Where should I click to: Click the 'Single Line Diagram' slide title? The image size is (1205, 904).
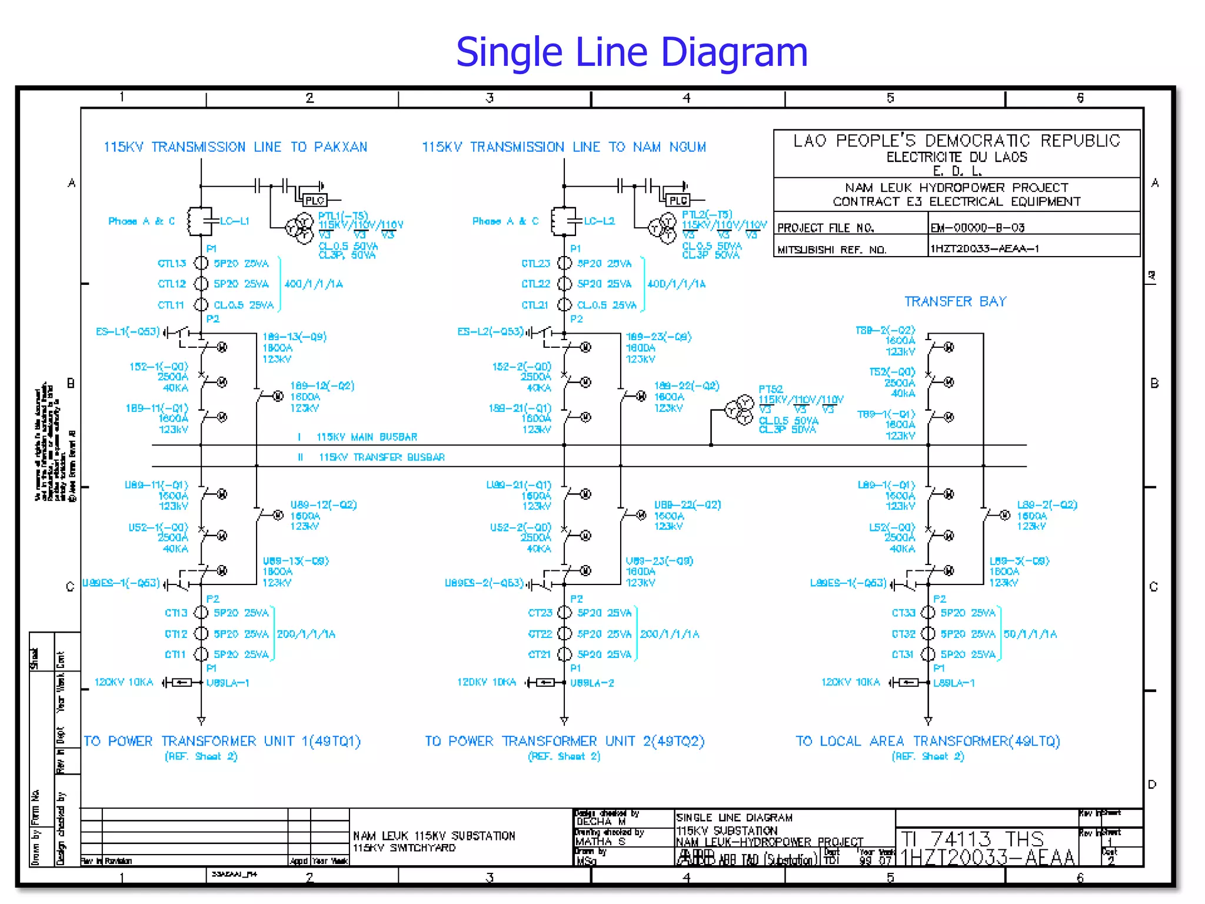point(631,52)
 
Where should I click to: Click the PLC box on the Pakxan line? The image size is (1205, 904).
point(315,201)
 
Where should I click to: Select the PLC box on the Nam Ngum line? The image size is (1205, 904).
point(678,201)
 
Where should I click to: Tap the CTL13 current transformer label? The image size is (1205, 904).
point(172,263)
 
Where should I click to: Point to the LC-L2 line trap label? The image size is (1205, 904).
point(599,221)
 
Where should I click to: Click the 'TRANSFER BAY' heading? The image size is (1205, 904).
point(955,302)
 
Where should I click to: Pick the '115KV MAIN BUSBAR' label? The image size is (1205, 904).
point(367,437)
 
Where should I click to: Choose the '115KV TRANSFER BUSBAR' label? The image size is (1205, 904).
point(381,457)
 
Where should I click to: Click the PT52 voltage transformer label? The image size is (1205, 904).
point(770,389)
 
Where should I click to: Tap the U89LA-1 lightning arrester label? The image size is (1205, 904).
point(228,683)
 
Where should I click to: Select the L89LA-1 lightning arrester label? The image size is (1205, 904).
point(954,683)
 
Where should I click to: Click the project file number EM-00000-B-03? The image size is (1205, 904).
point(977,228)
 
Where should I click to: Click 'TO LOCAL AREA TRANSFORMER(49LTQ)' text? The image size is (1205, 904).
point(927,741)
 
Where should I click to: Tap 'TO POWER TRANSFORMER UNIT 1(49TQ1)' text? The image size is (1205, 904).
point(222,741)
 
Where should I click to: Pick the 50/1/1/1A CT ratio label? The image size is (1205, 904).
point(1030,634)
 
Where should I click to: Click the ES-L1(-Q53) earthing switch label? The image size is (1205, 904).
point(128,331)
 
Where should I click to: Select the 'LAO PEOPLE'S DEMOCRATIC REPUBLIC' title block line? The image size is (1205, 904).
point(956,141)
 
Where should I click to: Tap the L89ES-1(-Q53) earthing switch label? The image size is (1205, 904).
point(848,583)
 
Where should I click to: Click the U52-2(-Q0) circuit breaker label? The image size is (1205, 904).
point(520,527)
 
